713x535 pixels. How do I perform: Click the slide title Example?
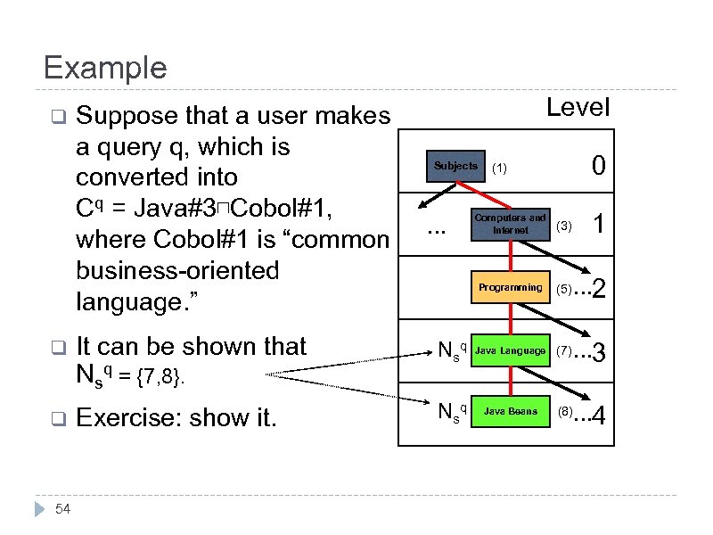tap(105, 68)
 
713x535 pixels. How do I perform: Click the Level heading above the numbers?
tap(578, 108)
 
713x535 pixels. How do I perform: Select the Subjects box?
tap(455, 167)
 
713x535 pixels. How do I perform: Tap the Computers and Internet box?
tap(510, 224)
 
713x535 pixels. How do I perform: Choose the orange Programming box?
tap(510, 287)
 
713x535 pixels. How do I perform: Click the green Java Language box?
tap(510, 350)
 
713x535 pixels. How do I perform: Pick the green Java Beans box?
tap(510, 412)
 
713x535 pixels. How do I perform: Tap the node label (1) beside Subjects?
tap(500, 168)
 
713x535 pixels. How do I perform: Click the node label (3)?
tap(563, 226)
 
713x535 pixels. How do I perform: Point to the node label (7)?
tap(564, 351)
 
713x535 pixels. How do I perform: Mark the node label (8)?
tap(564, 412)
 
